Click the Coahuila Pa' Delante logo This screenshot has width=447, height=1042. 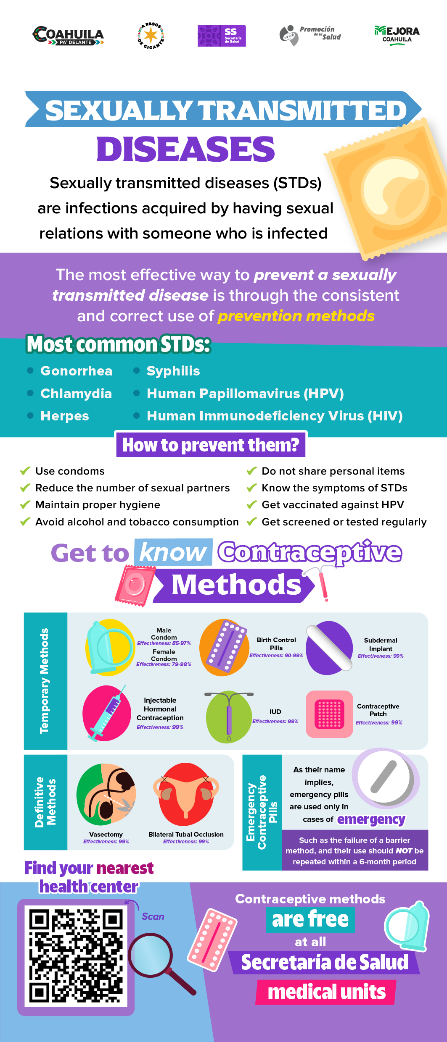click(x=68, y=35)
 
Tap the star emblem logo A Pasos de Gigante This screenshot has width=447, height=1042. click(x=151, y=36)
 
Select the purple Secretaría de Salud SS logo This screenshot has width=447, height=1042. click(x=222, y=36)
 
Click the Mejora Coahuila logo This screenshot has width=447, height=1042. click(x=397, y=35)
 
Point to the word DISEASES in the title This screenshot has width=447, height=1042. click(x=185, y=149)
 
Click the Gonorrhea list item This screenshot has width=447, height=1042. click(x=76, y=371)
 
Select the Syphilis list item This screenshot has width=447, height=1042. click(x=173, y=371)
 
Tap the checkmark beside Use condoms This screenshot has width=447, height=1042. click(x=25, y=470)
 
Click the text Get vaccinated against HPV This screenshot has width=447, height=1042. click(x=333, y=504)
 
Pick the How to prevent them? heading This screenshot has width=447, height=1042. click(x=211, y=445)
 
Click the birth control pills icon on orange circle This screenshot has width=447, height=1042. click(x=224, y=647)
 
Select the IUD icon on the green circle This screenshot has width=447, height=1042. click(x=229, y=716)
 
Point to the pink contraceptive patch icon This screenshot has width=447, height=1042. click(x=329, y=714)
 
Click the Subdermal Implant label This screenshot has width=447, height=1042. click(x=381, y=644)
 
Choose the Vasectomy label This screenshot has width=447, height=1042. click(x=106, y=834)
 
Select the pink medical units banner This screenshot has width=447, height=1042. click(x=326, y=992)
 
